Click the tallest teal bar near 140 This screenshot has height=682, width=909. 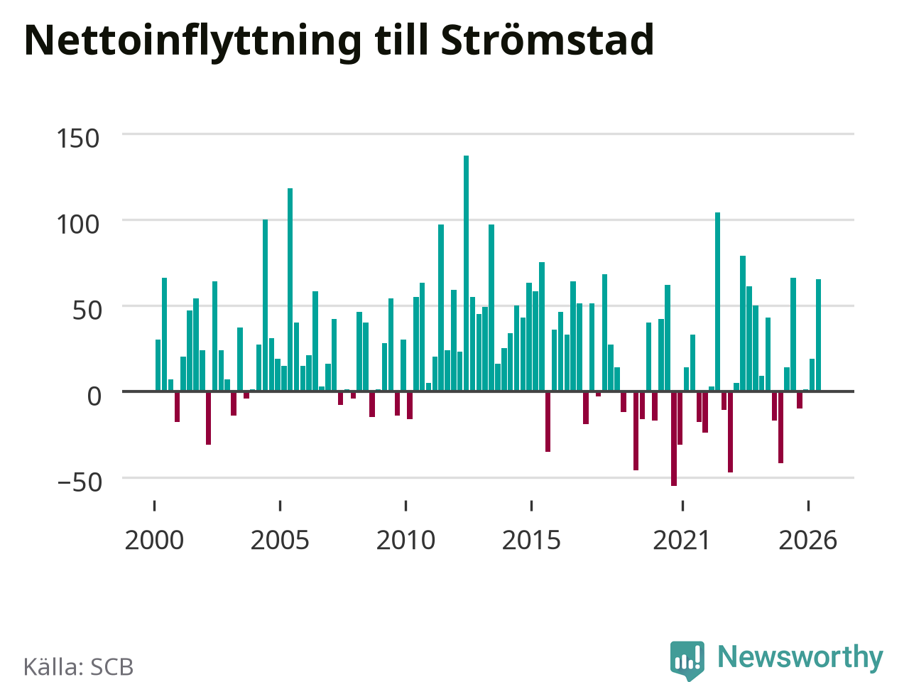coord(466,274)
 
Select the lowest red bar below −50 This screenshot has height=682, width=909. coord(674,438)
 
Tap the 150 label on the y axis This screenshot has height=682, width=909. coord(78,139)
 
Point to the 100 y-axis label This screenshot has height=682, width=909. coord(78,225)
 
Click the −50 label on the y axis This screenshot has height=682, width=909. coord(80,482)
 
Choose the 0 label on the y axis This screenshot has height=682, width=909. coord(94,396)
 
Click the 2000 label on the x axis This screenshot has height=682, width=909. coord(154,541)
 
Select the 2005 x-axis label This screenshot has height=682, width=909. coord(280,541)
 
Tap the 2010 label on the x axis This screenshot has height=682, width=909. coord(405,541)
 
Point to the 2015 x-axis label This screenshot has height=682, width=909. coord(531,541)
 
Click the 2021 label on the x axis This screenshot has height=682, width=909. coord(682,541)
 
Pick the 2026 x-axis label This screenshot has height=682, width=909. coord(808,541)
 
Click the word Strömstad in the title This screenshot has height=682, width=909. coord(548,40)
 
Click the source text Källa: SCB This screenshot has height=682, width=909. coord(78,666)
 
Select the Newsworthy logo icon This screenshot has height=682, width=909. coord(687,660)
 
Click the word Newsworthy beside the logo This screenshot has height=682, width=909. coord(800,656)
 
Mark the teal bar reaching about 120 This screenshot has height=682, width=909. coord(290,289)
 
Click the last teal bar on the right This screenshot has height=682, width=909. coord(818,335)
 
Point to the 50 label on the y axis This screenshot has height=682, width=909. coord(87,310)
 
